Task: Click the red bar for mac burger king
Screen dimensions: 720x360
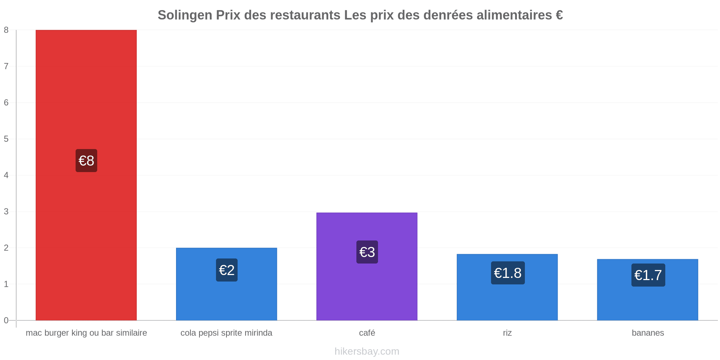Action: (86, 175)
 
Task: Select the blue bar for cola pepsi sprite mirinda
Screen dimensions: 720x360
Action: (226, 284)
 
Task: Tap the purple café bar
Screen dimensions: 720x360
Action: (367, 266)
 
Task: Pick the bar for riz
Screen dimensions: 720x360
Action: (507, 287)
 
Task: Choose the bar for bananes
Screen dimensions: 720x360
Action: (648, 290)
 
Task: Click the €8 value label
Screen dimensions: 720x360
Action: (86, 161)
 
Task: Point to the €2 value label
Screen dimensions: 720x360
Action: (227, 270)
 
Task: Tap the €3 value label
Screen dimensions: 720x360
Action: (367, 252)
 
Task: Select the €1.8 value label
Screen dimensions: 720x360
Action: (508, 273)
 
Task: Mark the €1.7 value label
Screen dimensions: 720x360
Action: (648, 275)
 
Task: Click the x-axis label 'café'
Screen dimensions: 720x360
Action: (367, 333)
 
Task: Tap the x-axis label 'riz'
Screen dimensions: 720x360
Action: (507, 333)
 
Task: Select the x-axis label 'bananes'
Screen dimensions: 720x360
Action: (648, 333)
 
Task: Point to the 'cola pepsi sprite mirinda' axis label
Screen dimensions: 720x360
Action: (226, 333)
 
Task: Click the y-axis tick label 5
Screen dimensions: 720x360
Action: (6, 139)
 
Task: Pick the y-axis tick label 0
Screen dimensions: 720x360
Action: (6, 320)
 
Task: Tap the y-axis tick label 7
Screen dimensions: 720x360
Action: (6, 66)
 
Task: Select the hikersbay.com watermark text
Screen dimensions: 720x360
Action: (367, 351)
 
